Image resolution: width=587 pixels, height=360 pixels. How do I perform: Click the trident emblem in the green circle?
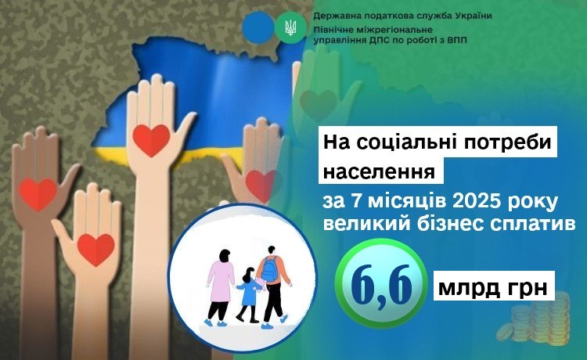(x=290, y=27)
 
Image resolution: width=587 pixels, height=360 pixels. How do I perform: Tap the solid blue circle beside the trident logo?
(x=258, y=27)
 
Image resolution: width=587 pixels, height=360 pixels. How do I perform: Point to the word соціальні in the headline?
(x=423, y=142)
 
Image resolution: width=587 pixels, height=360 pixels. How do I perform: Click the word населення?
(x=380, y=171)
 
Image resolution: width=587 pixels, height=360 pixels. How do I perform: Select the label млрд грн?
(x=493, y=288)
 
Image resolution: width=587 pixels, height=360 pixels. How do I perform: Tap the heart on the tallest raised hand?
(x=151, y=140)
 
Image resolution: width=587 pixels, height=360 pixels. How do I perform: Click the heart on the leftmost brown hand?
(x=38, y=194)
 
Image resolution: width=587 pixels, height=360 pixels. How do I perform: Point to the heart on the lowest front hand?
(x=95, y=250)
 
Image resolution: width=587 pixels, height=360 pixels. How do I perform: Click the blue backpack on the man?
(x=269, y=268)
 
